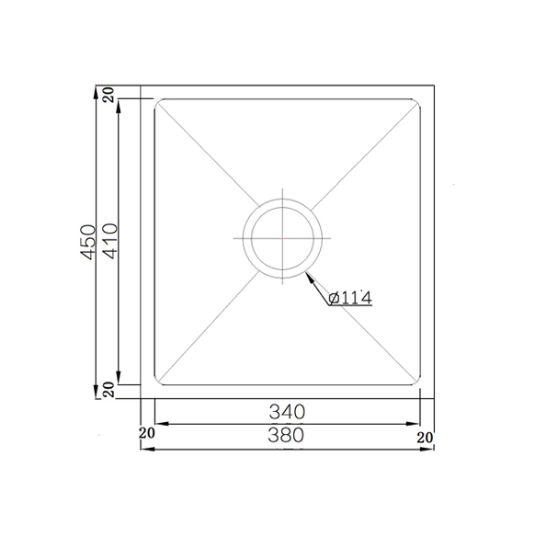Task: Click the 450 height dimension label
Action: pyautogui.click(x=87, y=242)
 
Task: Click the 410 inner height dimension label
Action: pyautogui.click(x=110, y=241)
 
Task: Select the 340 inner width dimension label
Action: pyautogui.click(x=287, y=412)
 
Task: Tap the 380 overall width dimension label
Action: pyautogui.click(x=286, y=435)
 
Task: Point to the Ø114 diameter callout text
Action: pyautogui.click(x=350, y=298)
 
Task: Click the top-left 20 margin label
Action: pyautogui.click(x=109, y=95)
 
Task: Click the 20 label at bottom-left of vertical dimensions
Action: pyautogui.click(x=109, y=390)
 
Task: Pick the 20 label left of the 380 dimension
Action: pyautogui.click(x=147, y=433)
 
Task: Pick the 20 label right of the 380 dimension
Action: pyautogui.click(x=425, y=438)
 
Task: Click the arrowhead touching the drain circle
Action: pyautogui.click(x=310, y=278)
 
